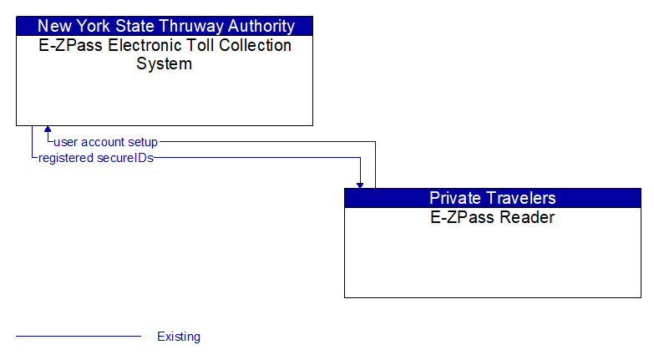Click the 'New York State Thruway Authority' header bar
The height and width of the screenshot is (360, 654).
tap(165, 26)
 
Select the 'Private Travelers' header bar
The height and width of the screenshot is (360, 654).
tap(492, 198)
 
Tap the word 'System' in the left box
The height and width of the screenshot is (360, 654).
tap(165, 63)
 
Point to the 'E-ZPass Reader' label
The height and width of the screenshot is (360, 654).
tap(492, 218)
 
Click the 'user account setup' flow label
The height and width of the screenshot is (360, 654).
tap(105, 142)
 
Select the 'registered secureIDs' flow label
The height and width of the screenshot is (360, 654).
tap(96, 157)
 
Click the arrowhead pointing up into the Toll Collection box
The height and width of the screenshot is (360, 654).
tap(48, 130)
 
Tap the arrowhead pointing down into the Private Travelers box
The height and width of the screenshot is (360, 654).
tap(360, 184)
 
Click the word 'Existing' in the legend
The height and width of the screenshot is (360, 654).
tap(179, 337)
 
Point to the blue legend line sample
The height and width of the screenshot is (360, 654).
tap(79, 337)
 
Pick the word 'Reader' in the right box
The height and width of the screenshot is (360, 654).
tap(528, 218)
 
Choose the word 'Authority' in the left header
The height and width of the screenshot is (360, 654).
tap(258, 26)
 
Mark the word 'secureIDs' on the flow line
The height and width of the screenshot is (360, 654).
tap(126, 157)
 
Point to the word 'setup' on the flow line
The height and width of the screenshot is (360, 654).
tap(143, 142)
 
